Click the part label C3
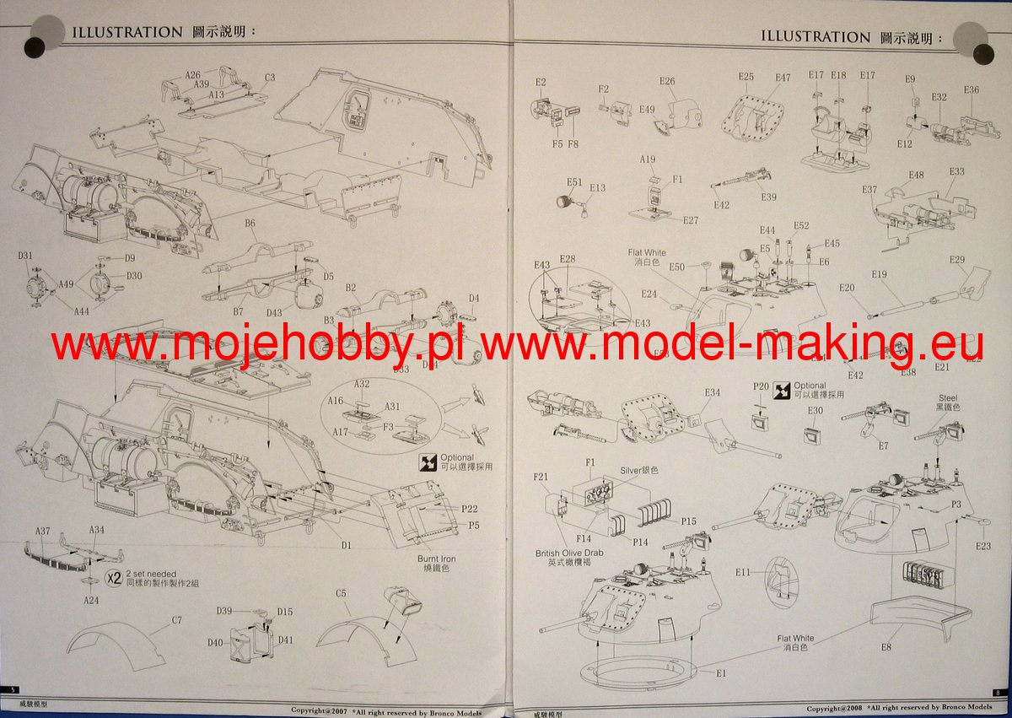[x=270, y=78]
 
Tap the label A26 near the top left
[x=193, y=74]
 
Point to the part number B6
[x=250, y=224]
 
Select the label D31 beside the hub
[x=24, y=256]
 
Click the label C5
[x=341, y=593]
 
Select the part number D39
[x=224, y=610]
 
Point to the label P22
[x=470, y=508]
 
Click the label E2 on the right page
[x=541, y=82]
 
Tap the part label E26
[x=667, y=81]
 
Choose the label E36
[x=971, y=89]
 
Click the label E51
[x=574, y=181]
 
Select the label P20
[x=761, y=386]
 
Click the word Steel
[x=949, y=397]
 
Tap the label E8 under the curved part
[x=885, y=647]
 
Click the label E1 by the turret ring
[x=721, y=672]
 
